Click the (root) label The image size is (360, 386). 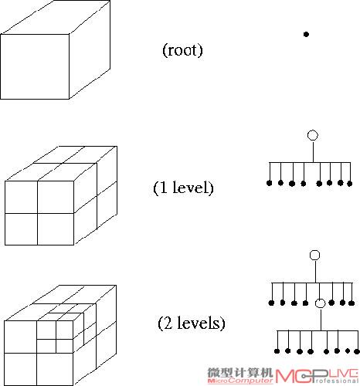[x=182, y=50]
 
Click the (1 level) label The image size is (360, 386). [x=183, y=188]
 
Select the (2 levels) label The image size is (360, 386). [x=192, y=323]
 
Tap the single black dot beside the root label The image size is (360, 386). [x=306, y=34]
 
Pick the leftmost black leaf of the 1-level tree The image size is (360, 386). [x=269, y=183]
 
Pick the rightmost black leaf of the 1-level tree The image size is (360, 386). [x=349, y=184]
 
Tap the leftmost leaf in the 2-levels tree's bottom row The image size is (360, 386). [x=277, y=351]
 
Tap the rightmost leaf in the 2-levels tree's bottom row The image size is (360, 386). [x=357, y=351]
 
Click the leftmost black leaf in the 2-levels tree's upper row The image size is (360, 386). [x=271, y=303]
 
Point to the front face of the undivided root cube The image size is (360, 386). [x=35, y=66]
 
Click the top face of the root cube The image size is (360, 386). [x=56, y=17]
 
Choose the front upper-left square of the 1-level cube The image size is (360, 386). [x=22, y=197]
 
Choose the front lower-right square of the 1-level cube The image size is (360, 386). [x=56, y=229]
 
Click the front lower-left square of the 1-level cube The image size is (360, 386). [x=22, y=229]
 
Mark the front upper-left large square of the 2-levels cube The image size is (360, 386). [x=21, y=337]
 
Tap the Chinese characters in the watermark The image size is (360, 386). [x=239, y=372]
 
